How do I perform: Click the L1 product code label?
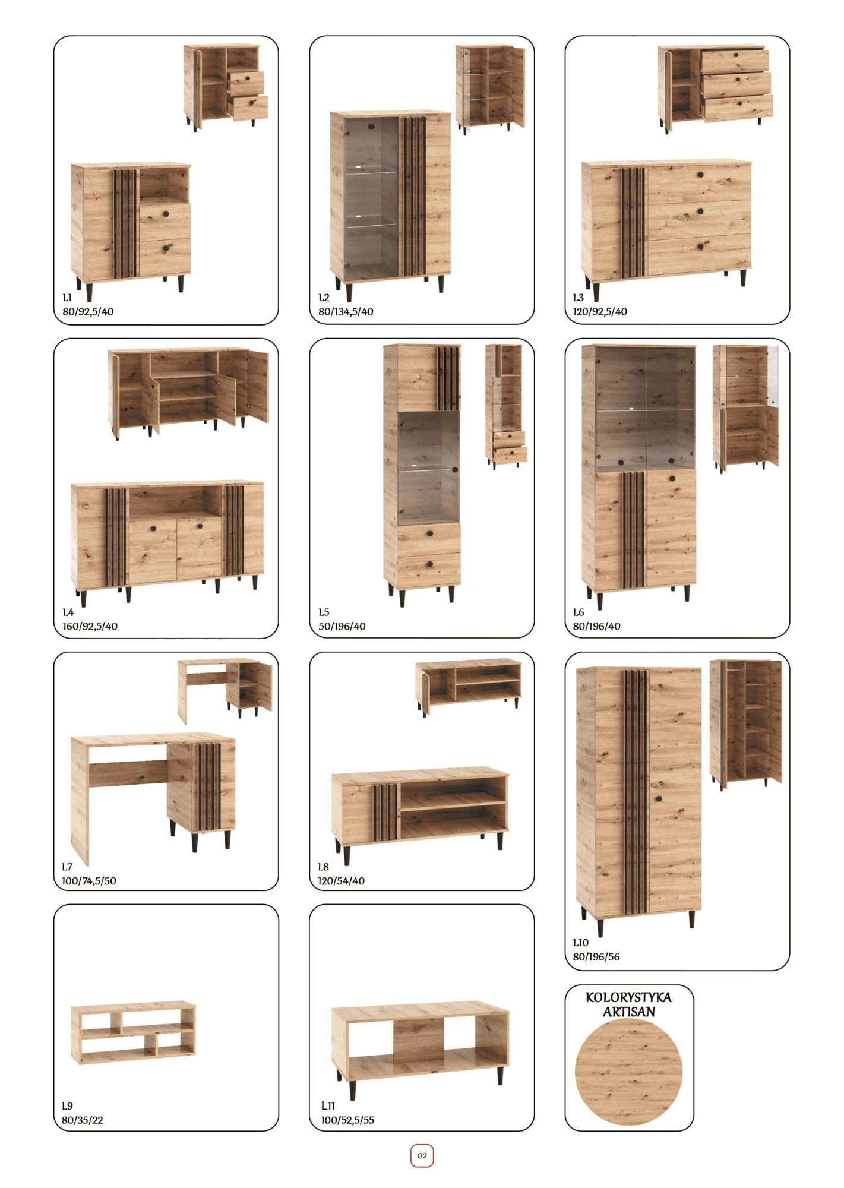[67, 297]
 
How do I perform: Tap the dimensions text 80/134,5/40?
[346, 311]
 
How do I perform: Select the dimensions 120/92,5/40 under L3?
[600, 311]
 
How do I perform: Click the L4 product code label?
[68, 612]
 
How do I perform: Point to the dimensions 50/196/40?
[342, 626]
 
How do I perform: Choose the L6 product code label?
[579, 612]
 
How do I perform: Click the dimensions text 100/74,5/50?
[89, 881]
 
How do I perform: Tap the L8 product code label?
[324, 867]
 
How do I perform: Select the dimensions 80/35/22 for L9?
[83, 1120]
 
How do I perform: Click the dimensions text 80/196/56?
[596, 957]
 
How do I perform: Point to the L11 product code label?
[328, 1105]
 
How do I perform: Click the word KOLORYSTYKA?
[629, 997]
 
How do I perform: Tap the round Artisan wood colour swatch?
[629, 1072]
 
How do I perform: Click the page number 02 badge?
[422, 1155]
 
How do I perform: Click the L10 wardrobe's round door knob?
[659, 798]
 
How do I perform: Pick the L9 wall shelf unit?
[133, 1032]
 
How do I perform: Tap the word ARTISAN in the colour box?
[629, 1012]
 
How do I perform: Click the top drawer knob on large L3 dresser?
[701, 175]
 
